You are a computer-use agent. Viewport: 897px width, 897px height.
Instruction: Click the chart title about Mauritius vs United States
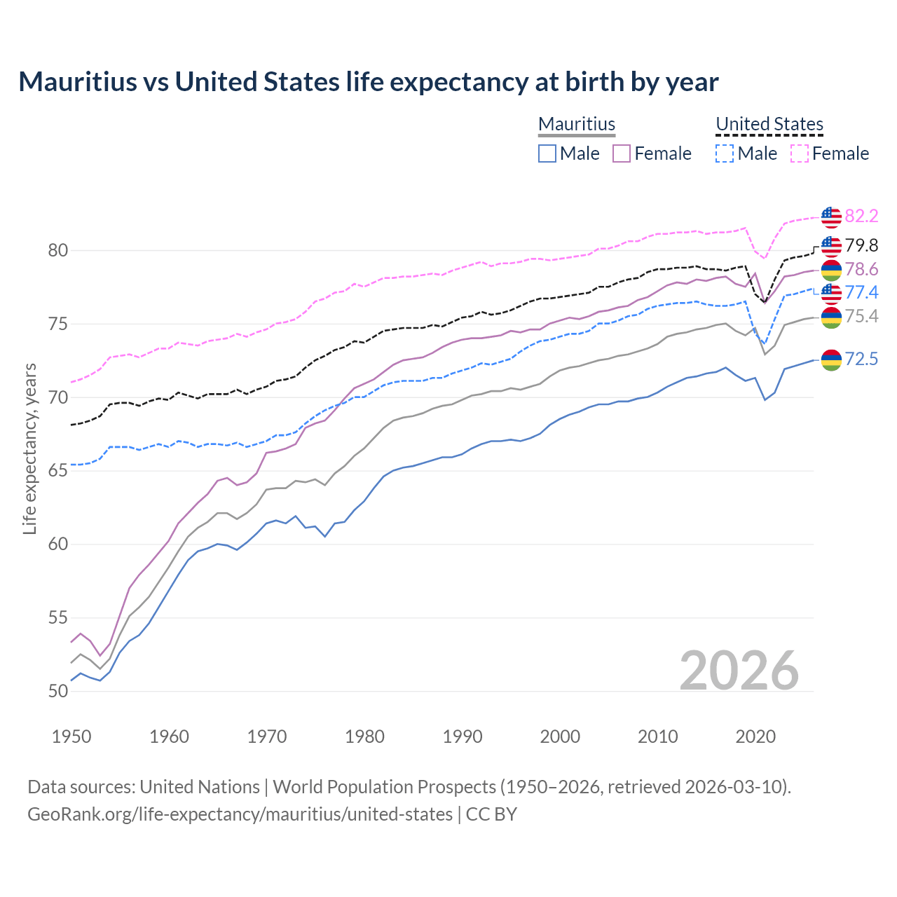pos(369,82)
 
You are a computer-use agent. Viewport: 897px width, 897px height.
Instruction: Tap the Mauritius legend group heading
pos(577,124)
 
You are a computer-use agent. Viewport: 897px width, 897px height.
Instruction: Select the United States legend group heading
pos(769,124)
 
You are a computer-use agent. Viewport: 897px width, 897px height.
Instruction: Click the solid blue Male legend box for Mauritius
pos(547,153)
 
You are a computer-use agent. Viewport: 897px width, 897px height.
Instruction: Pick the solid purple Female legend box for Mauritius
pos(622,153)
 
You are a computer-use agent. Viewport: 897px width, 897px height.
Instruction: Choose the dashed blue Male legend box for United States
pos(725,153)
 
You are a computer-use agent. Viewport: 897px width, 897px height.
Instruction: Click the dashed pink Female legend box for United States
pos(800,153)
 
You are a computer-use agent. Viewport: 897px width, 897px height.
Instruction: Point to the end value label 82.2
pos(861,216)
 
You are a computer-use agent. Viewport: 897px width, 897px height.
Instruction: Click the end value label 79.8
pos(861,245)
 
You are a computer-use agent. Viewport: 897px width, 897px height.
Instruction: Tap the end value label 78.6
pos(861,269)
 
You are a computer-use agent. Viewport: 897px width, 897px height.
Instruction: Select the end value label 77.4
pos(861,292)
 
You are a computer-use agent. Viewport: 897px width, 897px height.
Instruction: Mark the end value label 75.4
pos(861,316)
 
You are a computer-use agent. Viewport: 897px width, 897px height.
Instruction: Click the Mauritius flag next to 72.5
pos(831,360)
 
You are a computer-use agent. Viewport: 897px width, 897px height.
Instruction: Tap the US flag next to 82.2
pos(831,217)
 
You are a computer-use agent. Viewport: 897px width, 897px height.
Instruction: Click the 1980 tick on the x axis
pos(364,737)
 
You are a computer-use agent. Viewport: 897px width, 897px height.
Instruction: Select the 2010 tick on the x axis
pos(657,737)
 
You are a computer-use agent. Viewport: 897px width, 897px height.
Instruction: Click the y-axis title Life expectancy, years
pos(29,448)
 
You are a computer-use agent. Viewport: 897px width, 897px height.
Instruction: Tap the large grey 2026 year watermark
pos(739,671)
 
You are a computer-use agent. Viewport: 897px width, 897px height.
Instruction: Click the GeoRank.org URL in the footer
pos(240,814)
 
